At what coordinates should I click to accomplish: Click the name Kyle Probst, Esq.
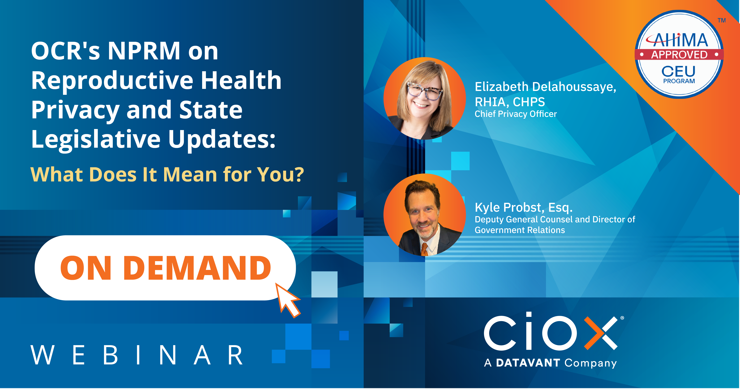pos(523,207)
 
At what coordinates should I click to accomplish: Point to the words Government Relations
pos(520,230)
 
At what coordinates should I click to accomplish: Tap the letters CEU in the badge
pos(679,71)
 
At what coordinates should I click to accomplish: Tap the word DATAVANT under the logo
pos(528,363)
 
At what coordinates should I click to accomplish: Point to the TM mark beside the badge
pos(722,20)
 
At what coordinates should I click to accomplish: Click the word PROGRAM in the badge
pos(679,81)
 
